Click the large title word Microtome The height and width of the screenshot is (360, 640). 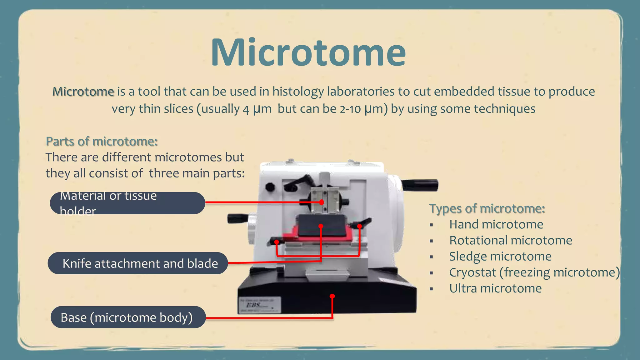[x=308, y=52]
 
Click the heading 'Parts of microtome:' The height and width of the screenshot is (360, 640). [x=102, y=142]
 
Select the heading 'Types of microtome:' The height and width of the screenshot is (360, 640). [x=487, y=208]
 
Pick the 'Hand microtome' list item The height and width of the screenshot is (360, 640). [x=496, y=224]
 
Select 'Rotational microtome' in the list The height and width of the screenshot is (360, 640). [x=510, y=240]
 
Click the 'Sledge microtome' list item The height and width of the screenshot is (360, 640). [x=500, y=256]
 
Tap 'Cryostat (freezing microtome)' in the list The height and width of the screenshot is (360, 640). [x=534, y=272]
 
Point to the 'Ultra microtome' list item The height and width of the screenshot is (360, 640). [x=495, y=288]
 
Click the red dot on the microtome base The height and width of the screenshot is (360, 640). [x=332, y=296]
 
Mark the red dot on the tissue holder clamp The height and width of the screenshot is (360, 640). [x=322, y=202]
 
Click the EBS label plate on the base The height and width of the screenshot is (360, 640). [x=259, y=305]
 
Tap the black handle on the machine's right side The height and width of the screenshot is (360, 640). [x=420, y=185]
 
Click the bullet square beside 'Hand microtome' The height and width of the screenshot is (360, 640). [x=431, y=225]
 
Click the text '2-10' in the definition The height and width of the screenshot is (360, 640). [x=350, y=109]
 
